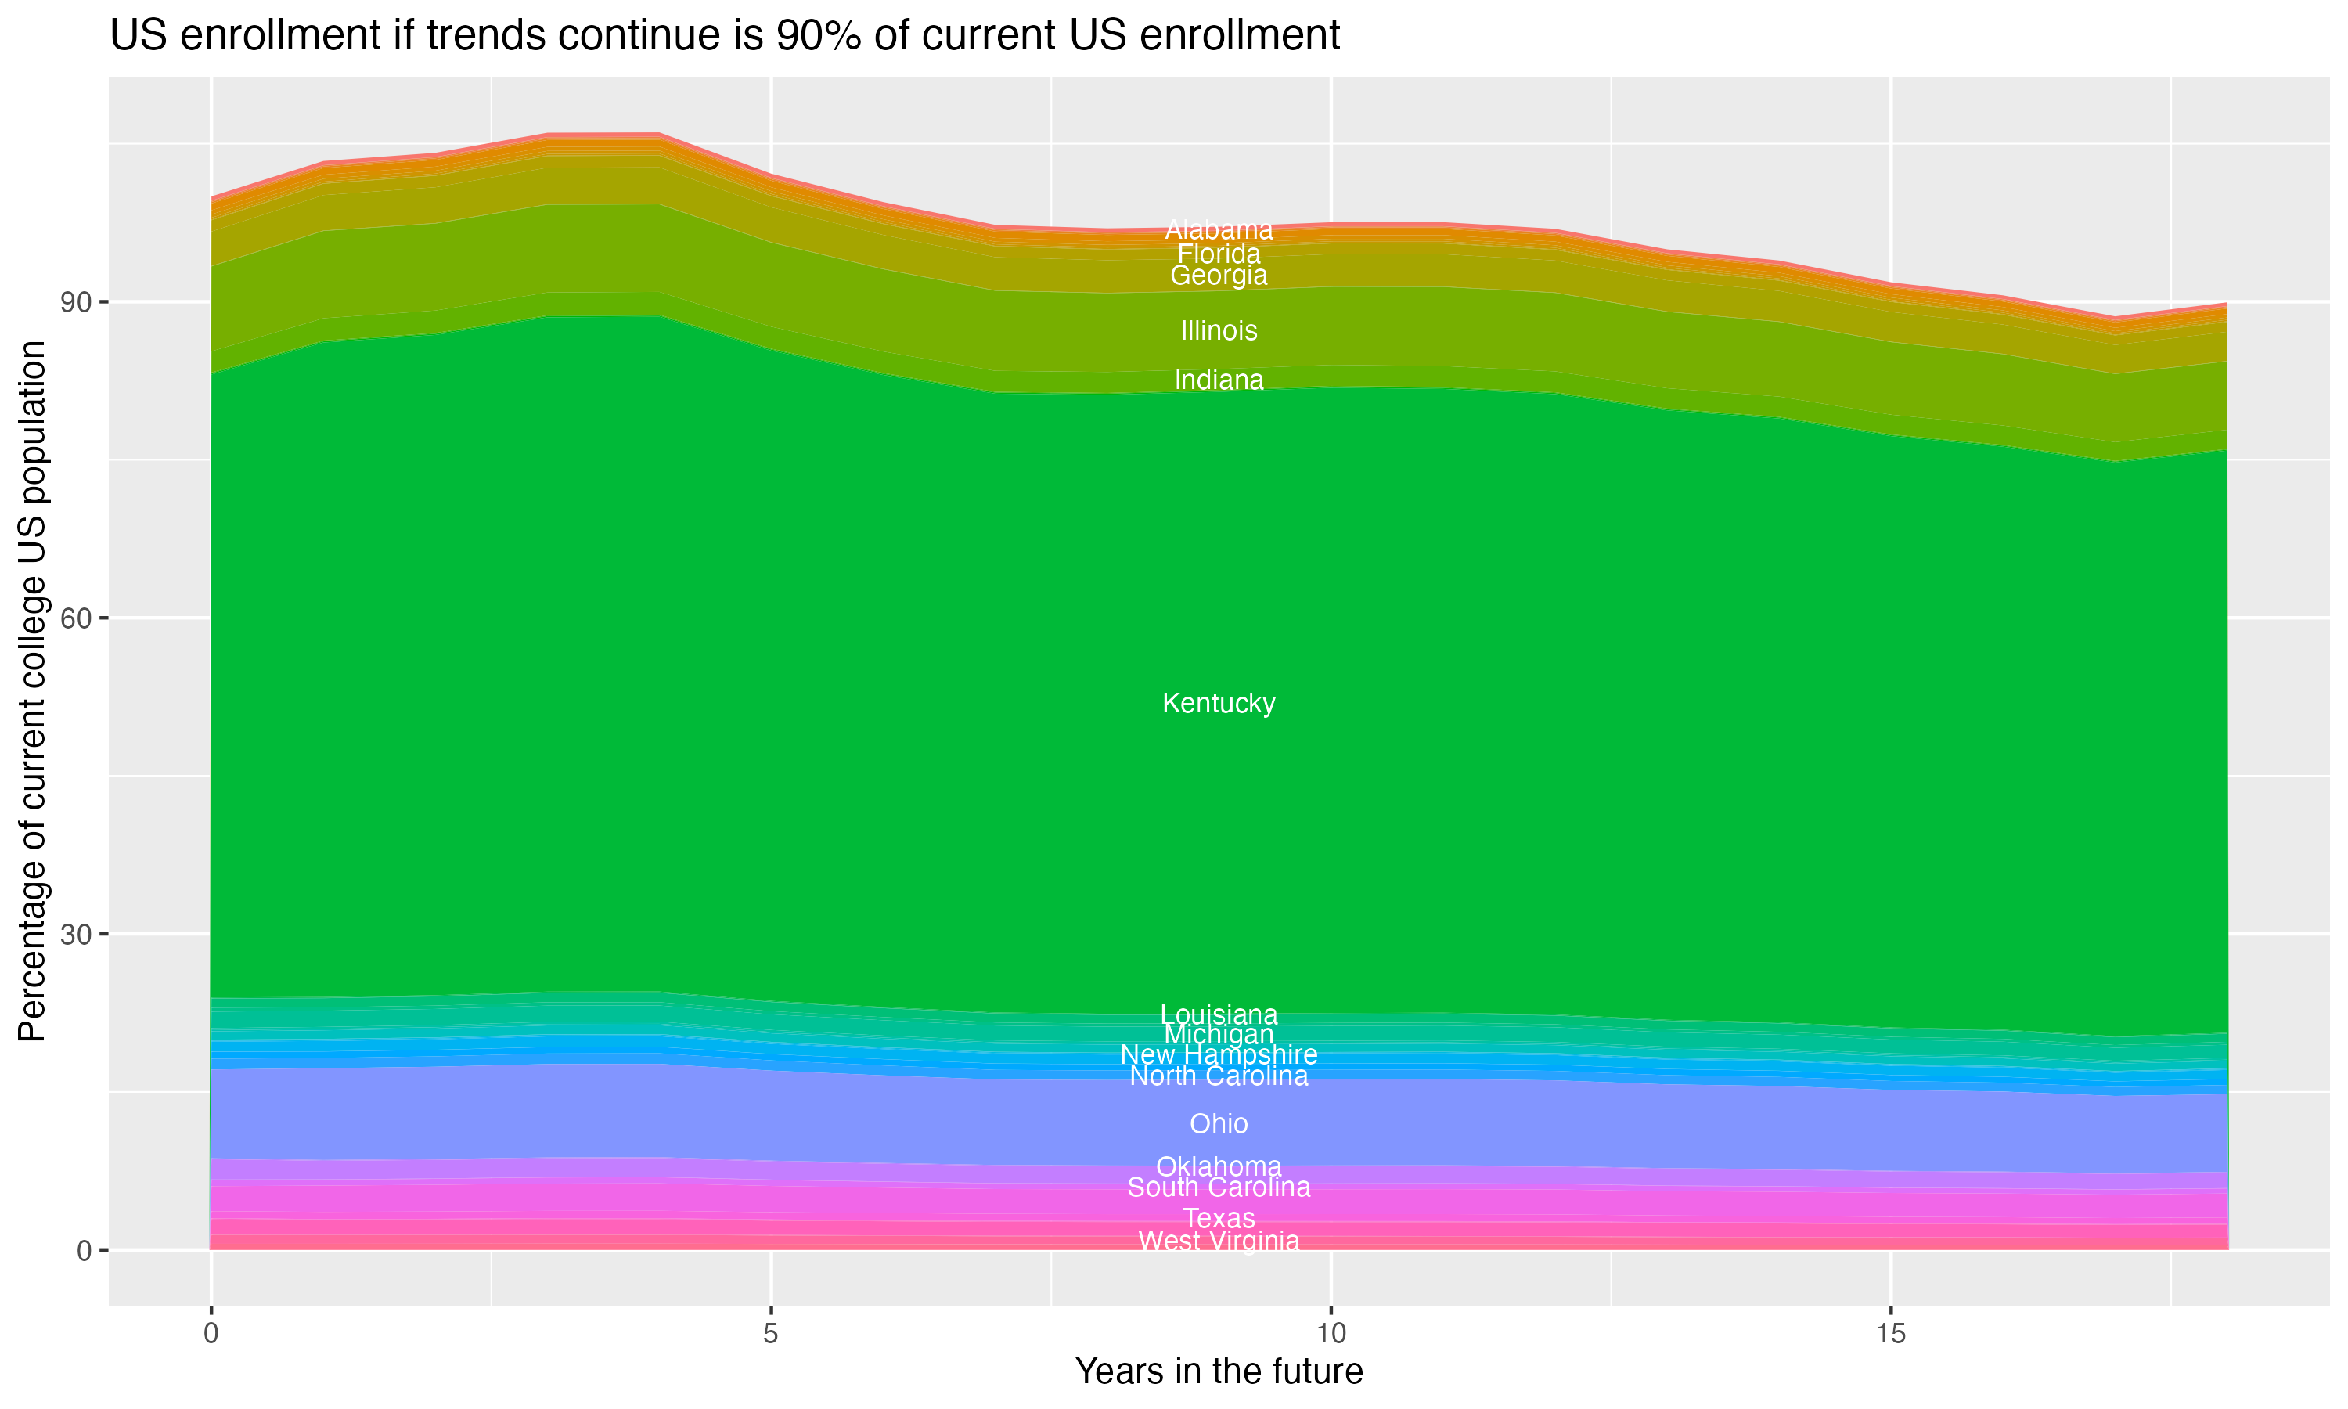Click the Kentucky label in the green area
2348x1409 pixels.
1219,704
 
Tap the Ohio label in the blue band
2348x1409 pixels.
1219,1124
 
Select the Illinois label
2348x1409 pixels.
1219,331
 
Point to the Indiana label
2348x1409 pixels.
1219,380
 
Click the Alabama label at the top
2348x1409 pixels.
1219,230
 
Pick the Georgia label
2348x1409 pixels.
1219,276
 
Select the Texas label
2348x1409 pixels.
1219,1218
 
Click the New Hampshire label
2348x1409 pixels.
1219,1055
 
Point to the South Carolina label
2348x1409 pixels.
1219,1187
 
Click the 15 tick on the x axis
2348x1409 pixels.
1891,1334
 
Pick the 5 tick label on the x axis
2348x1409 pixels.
771,1334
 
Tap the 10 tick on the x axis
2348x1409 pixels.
1331,1334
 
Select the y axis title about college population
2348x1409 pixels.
32,691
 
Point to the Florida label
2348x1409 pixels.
1219,254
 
